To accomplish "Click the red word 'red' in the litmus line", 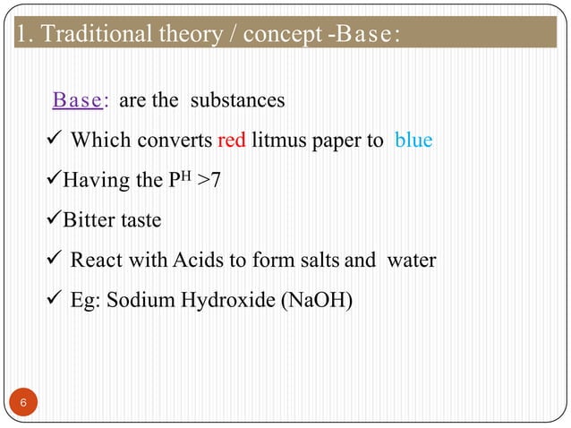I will click(232, 141).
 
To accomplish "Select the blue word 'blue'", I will click(413, 141).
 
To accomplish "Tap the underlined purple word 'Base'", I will click(77, 100).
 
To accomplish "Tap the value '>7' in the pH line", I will click(210, 181).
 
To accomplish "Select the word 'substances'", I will click(237, 100).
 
